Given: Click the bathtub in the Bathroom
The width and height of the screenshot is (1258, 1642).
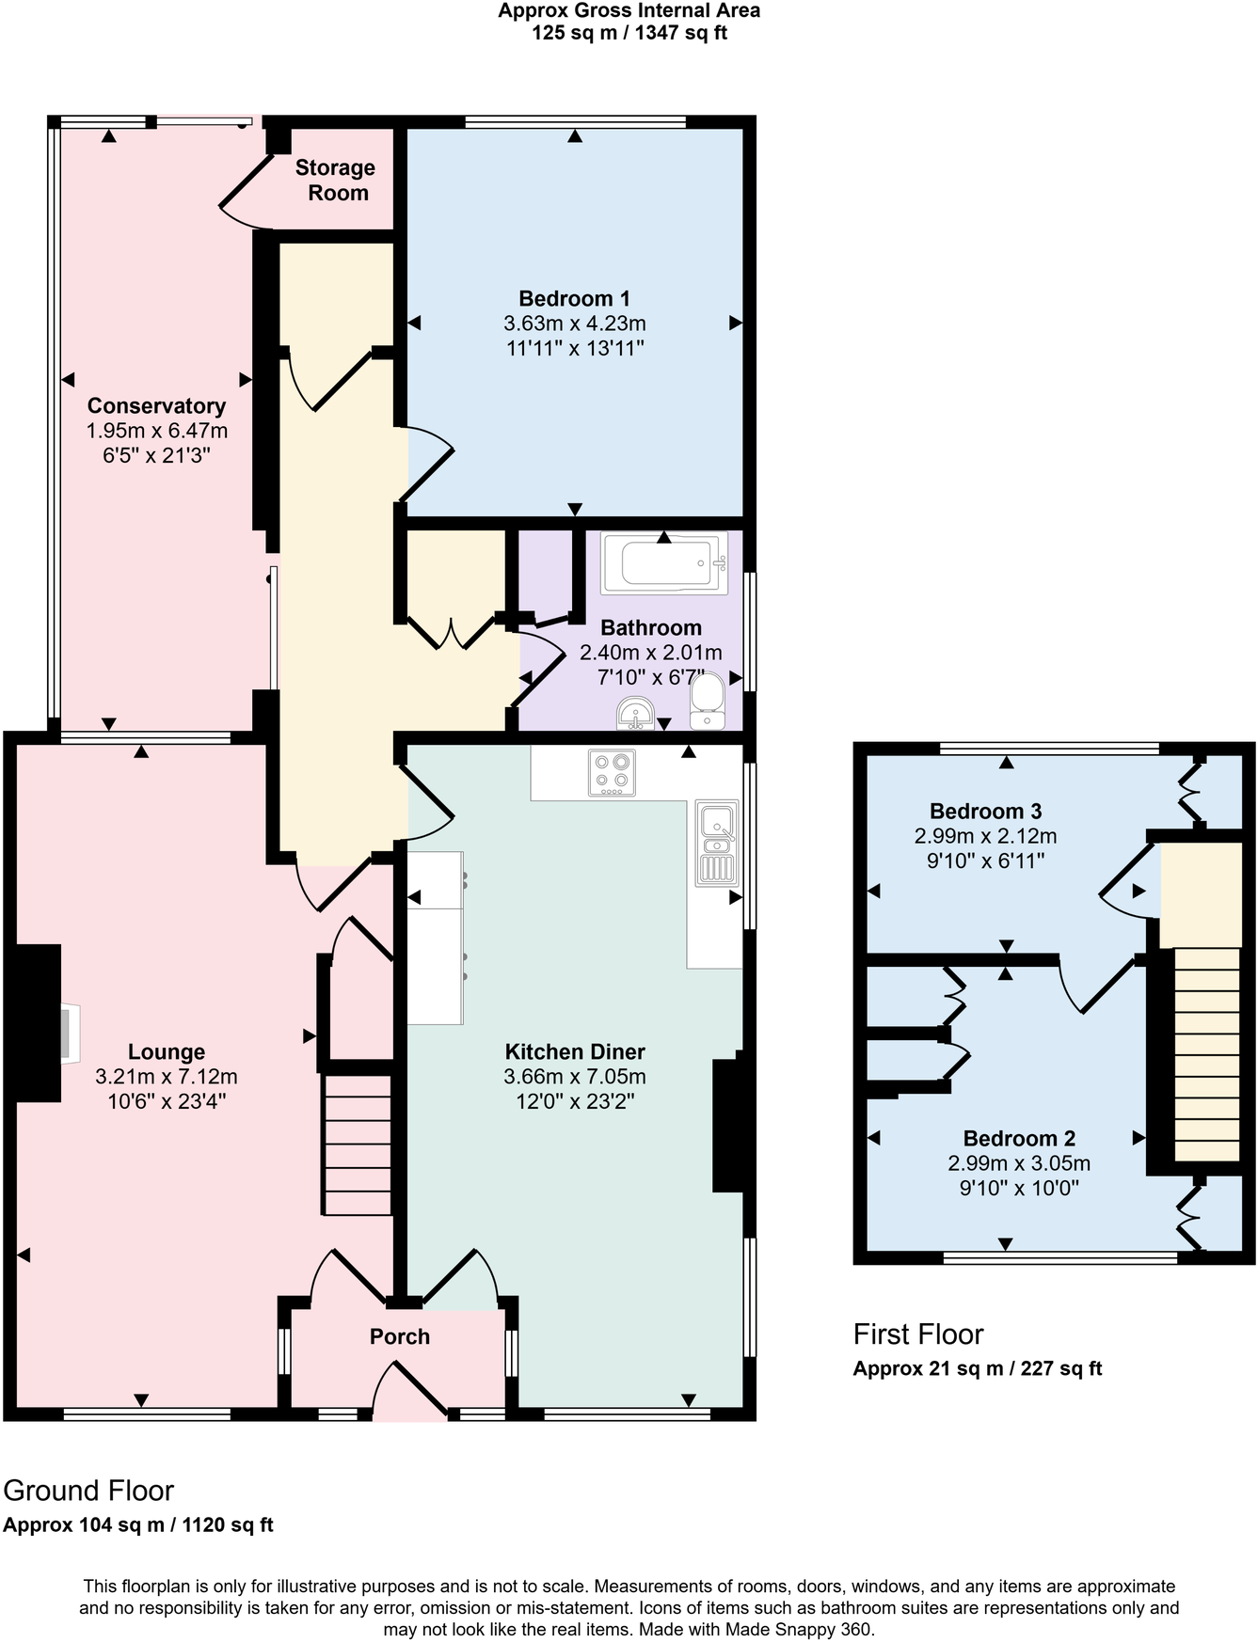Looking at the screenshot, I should coord(664,564).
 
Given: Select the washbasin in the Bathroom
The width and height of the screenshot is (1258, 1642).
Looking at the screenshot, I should coord(636,714).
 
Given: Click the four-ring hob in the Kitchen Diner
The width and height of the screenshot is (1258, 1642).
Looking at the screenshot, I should coord(612,772).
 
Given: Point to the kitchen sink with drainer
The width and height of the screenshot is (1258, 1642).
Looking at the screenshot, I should coord(717,843).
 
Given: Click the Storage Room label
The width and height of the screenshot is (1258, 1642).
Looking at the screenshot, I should coord(336,181).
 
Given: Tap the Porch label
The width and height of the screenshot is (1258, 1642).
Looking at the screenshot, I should coord(400,1336).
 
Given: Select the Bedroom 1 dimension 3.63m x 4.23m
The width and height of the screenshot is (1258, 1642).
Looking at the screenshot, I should coord(575,324).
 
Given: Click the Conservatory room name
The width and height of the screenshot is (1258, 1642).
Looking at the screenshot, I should coord(156,406).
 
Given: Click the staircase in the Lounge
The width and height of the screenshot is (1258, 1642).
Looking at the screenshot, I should coord(358,1145).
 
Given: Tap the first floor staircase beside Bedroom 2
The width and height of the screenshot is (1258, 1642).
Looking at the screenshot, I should coord(1207,1054).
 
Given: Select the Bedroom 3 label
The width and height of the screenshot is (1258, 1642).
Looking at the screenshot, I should coord(985,811).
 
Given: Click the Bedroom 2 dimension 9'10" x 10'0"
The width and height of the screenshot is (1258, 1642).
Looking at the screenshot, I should coord(1019,1188).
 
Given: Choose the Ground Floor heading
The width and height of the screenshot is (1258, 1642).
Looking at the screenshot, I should coord(89,1491).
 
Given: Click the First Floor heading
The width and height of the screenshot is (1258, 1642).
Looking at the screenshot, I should coord(918,1334).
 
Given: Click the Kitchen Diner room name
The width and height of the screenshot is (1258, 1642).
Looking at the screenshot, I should coord(575,1052).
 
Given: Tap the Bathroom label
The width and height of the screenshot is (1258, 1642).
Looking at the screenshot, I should coord(651,628).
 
